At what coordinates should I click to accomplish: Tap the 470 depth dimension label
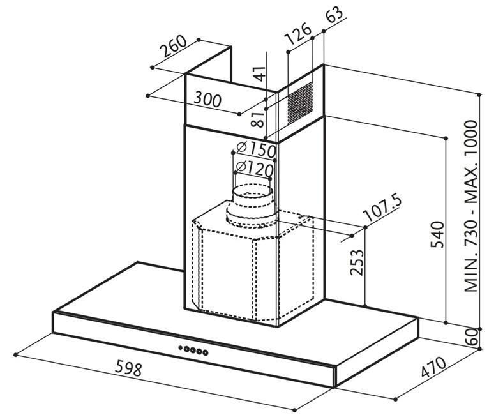(433, 367)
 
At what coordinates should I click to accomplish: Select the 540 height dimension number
(438, 235)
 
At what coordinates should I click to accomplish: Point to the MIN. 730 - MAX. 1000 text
(470, 206)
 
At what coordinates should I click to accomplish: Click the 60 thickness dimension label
(471, 337)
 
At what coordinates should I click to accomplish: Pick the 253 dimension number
(357, 262)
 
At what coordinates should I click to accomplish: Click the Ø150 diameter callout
(256, 149)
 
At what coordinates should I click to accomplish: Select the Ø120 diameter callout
(255, 169)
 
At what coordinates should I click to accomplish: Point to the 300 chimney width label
(207, 100)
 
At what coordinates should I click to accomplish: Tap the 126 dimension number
(298, 34)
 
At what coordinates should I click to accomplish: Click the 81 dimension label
(257, 119)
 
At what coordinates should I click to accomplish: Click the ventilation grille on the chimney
(300, 103)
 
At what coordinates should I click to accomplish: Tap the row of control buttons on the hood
(193, 350)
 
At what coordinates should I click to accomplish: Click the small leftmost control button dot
(180, 347)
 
